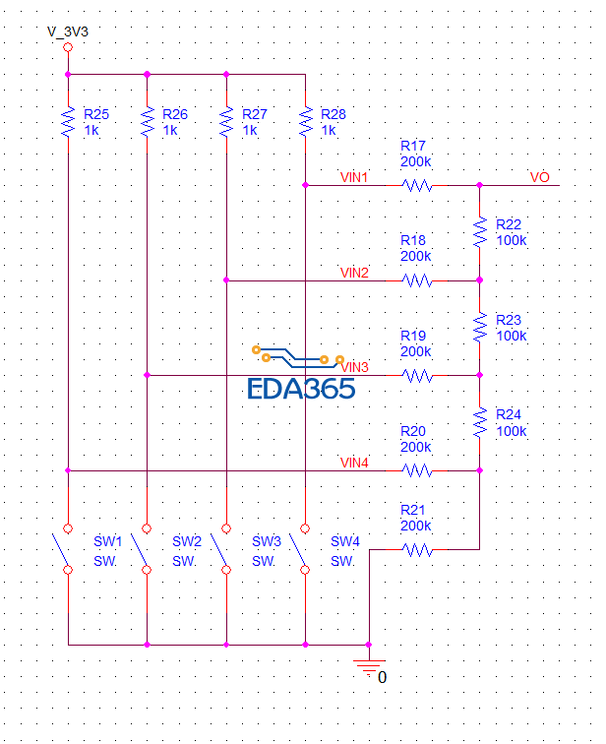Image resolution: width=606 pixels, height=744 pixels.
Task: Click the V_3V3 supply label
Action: [67, 31]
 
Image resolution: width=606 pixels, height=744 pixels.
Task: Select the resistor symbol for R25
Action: [68, 122]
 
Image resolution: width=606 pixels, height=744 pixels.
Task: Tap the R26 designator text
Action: [175, 114]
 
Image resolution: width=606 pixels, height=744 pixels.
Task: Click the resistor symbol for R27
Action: [226, 122]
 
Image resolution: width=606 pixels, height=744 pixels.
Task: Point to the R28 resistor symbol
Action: [306, 122]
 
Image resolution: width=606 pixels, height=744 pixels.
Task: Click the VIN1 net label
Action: [354, 178]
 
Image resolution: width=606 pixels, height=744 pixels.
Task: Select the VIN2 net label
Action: [354, 273]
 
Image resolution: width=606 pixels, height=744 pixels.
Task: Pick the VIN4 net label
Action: [354, 463]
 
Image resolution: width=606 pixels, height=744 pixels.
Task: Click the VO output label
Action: [539, 178]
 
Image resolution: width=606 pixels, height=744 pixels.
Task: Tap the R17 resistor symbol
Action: [417, 185]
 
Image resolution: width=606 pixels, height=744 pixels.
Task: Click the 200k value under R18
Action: [415, 256]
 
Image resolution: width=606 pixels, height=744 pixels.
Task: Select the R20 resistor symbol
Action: [417, 471]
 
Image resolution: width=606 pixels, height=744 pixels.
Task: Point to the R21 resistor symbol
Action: [417, 550]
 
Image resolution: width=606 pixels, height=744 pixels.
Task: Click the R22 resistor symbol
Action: [480, 232]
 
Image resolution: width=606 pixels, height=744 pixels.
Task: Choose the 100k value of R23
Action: [511, 336]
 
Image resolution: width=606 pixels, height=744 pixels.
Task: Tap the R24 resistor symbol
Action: [480, 423]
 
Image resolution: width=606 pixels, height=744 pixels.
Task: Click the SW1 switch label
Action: [107, 541]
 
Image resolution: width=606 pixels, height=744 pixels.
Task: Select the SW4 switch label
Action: [344, 541]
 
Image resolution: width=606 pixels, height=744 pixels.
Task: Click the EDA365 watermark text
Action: [301, 389]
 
